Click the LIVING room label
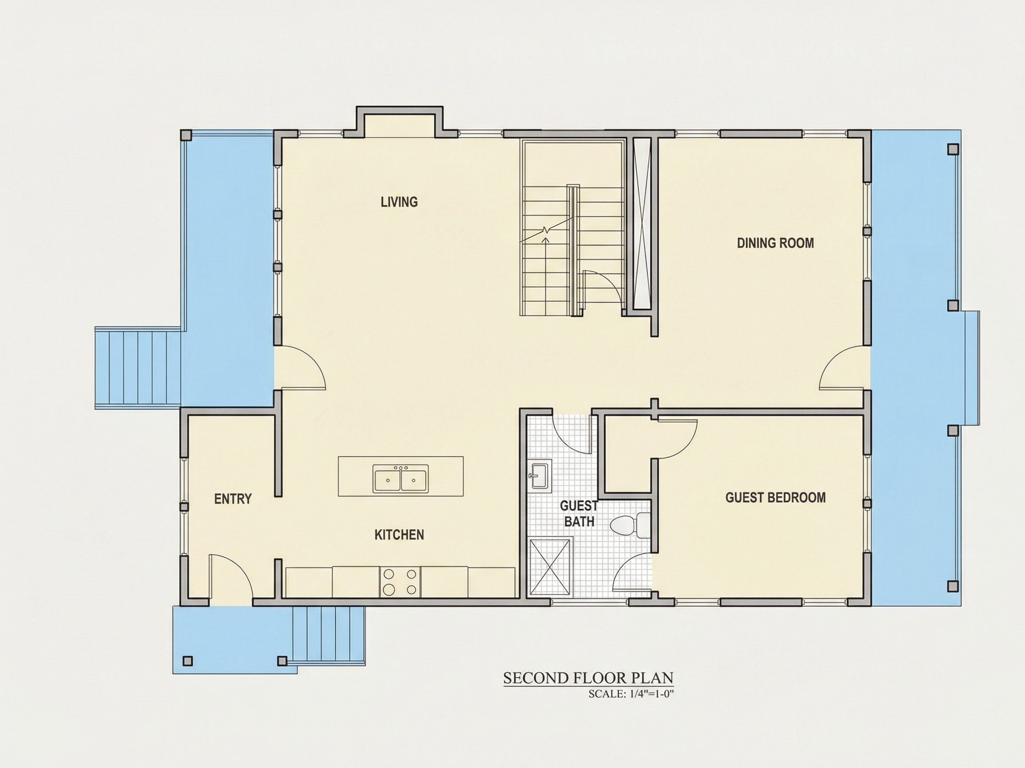(399, 202)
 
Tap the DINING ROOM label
(775, 243)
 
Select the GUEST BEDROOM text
(775, 498)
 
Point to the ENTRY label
(233, 499)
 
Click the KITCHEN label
(399, 535)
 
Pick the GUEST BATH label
(579, 513)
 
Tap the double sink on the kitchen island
(401, 479)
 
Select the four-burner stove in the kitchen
(400, 582)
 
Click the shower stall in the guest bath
(550, 566)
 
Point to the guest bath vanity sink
(539, 475)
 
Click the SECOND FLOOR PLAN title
(588, 678)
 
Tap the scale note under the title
(631, 694)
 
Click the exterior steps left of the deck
(137, 368)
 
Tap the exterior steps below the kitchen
(329, 636)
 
